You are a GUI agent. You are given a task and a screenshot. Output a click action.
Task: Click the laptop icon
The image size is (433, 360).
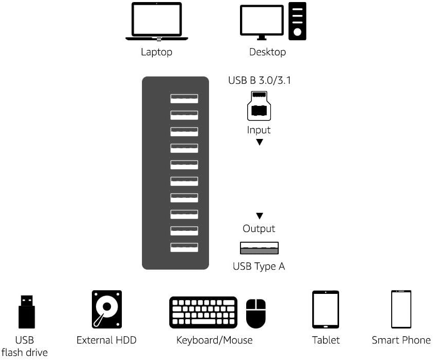coord(157,22)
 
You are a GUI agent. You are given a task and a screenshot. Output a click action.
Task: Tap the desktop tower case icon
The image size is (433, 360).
coord(297,21)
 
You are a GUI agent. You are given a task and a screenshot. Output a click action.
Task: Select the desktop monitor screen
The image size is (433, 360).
coord(262,20)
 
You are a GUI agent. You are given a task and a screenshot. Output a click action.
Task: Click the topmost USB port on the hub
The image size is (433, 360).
coord(184,99)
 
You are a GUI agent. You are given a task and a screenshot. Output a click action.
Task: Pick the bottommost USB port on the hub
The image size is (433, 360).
coord(184,247)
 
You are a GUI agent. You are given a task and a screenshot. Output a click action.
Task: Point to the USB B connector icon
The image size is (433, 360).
coord(259,105)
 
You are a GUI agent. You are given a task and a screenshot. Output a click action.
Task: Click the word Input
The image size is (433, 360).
coord(259,130)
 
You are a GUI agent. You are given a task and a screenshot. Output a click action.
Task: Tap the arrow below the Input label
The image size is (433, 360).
coord(260,142)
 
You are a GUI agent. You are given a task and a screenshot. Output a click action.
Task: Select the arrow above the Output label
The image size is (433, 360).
coord(260,216)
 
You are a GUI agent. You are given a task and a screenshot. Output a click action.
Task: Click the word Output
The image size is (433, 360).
coord(259,228)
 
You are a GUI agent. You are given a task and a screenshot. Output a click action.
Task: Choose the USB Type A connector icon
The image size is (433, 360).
coord(259,248)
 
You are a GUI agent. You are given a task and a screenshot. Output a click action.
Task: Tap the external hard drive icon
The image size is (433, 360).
coord(107,309)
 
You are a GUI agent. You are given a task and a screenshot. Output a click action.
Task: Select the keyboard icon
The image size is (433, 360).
coord(203,312)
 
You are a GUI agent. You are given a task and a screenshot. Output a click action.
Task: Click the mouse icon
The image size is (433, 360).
coord(255,314)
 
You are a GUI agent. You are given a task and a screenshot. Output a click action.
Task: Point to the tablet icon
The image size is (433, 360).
coord(326,309)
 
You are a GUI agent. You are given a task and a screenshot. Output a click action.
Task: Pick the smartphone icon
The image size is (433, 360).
coord(401,309)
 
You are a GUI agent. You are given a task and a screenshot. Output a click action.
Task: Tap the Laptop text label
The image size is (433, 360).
coord(156,52)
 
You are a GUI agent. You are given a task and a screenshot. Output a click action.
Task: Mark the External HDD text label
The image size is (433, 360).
coord(106,340)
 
